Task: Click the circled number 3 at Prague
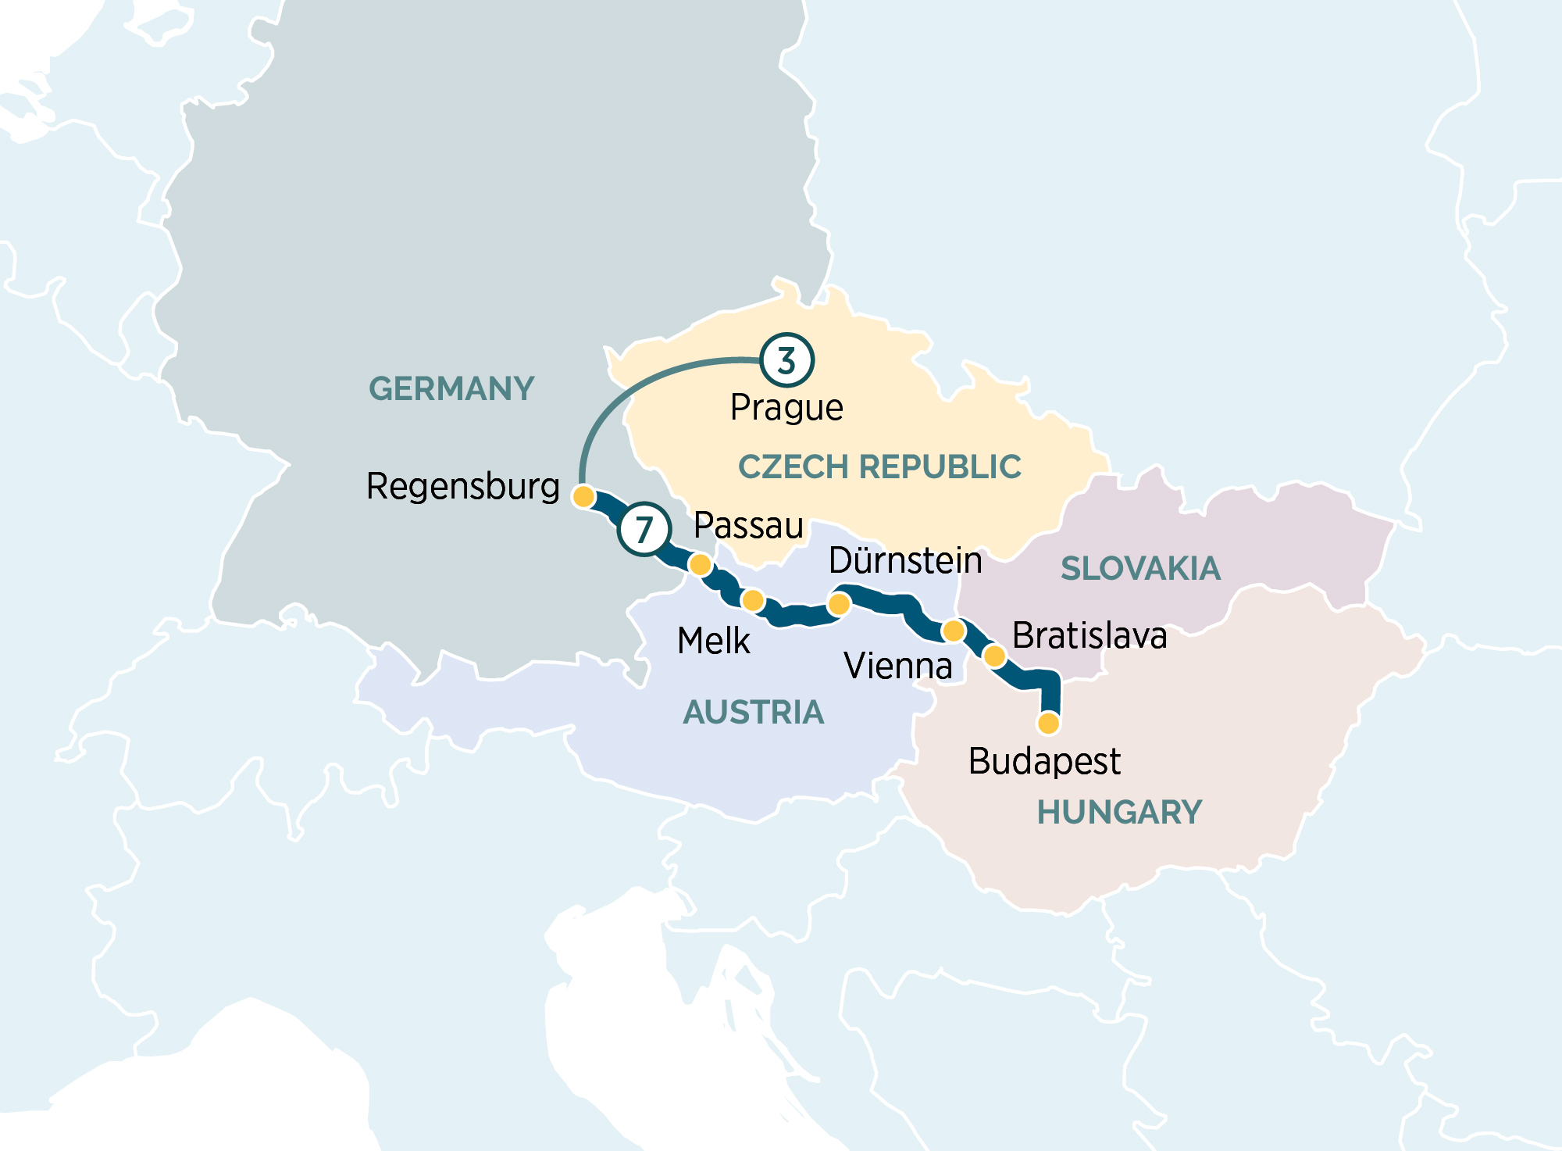click(x=786, y=360)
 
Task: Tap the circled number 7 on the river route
click(x=644, y=529)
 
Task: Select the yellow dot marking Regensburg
click(x=583, y=496)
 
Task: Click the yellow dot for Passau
click(x=700, y=564)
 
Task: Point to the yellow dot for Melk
click(x=752, y=600)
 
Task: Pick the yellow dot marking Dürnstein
click(x=838, y=603)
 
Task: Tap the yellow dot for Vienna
click(x=954, y=631)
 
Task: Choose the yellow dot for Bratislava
click(x=993, y=655)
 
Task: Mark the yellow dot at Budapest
click(x=1048, y=724)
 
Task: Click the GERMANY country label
click(x=451, y=388)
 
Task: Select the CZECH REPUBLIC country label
click(x=879, y=466)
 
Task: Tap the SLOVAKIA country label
click(x=1140, y=568)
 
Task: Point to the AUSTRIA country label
click(x=753, y=712)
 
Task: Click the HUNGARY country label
click(x=1119, y=812)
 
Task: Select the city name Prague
click(x=786, y=408)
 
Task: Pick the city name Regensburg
click(x=463, y=486)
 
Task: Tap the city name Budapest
click(x=1044, y=761)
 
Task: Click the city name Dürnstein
click(x=905, y=560)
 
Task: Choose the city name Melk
click(x=713, y=641)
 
